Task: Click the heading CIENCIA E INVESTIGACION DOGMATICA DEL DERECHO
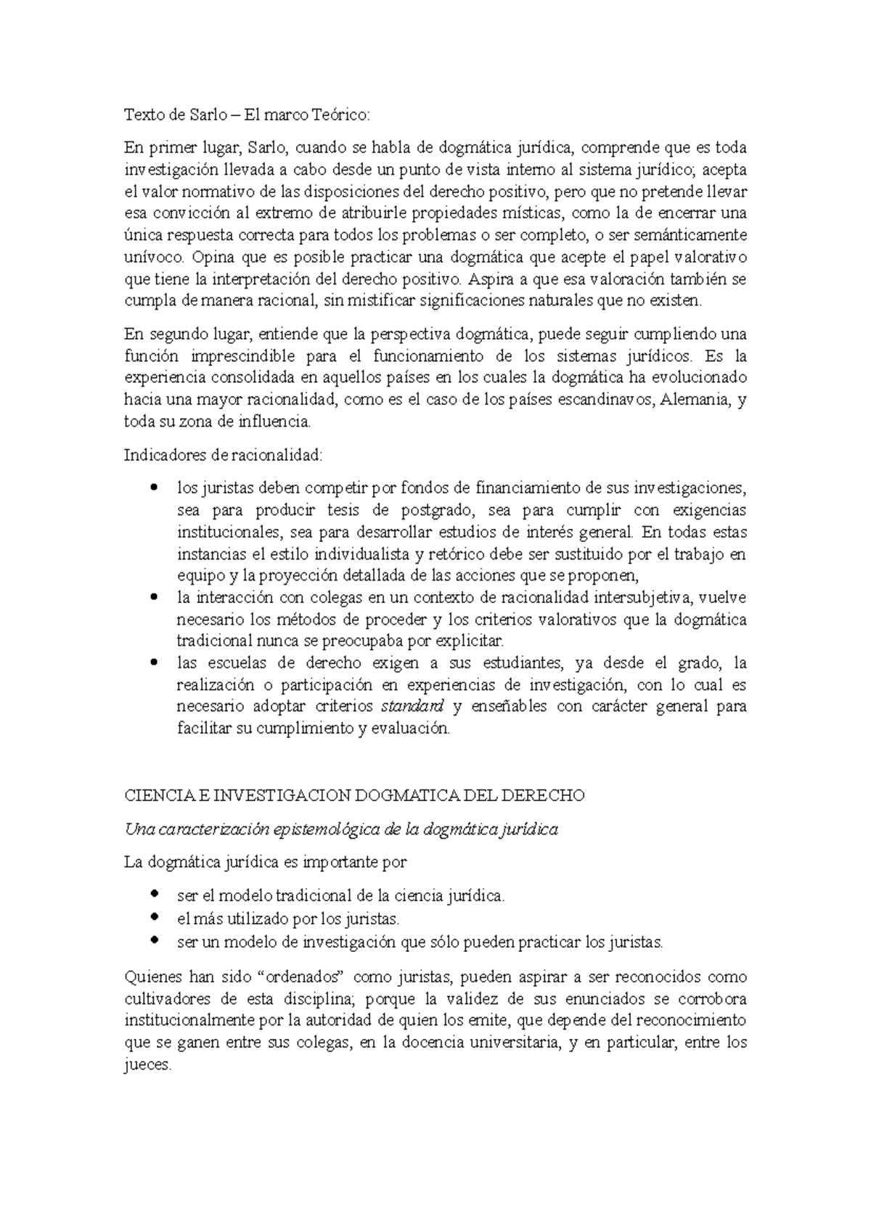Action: pos(354,795)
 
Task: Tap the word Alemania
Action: pos(692,400)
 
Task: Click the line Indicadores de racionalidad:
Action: pos(223,455)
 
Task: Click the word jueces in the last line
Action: pos(147,1065)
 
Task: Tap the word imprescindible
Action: pos(243,356)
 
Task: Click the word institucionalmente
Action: pos(190,1021)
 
